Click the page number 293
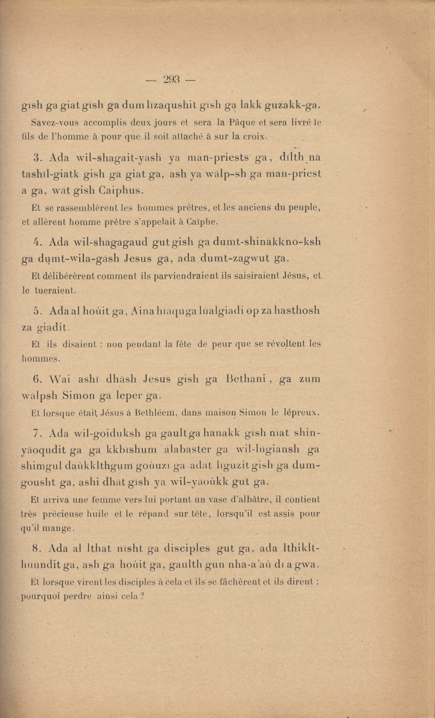[171, 79]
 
